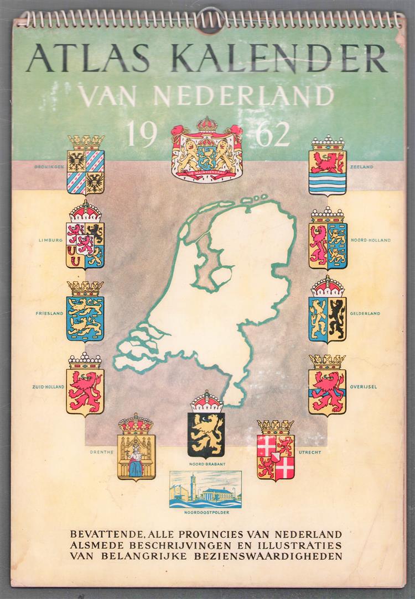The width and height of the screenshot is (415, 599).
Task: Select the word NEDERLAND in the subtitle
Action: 243,96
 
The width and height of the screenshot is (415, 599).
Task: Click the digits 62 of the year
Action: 273,134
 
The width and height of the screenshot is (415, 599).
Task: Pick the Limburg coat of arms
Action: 85,236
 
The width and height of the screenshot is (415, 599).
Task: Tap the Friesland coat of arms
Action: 85,312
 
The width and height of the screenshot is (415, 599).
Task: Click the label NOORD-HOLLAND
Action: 371,240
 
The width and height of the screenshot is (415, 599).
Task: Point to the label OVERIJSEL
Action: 364,387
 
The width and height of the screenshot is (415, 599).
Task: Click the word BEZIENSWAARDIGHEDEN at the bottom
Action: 274,556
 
